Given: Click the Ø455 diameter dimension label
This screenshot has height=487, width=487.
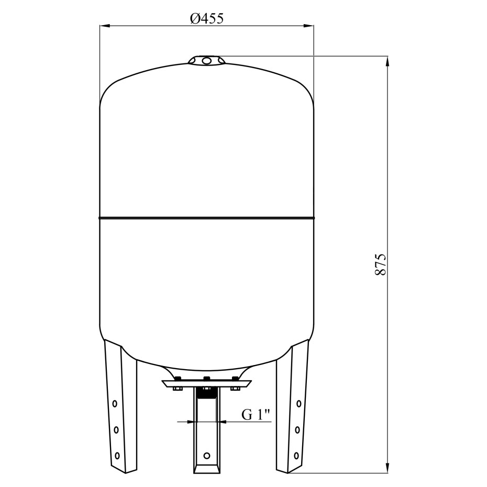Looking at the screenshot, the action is coord(207,19).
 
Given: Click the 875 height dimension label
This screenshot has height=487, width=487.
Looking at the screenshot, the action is coord(380,264).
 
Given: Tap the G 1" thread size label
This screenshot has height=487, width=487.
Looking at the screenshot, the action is coord(256,415).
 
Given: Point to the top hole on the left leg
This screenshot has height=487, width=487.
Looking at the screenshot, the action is coord(115,404).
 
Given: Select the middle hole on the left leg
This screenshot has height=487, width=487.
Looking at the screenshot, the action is coord(116,430).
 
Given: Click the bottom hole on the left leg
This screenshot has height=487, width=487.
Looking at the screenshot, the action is coord(117,456).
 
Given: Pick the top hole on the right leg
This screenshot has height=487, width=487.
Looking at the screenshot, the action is coord(299,404).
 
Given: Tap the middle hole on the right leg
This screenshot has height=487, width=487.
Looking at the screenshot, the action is coord(297,430).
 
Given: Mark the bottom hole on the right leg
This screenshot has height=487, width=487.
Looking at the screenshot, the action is coord(296,456).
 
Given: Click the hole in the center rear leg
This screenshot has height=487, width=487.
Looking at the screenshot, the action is coord(207,456).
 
